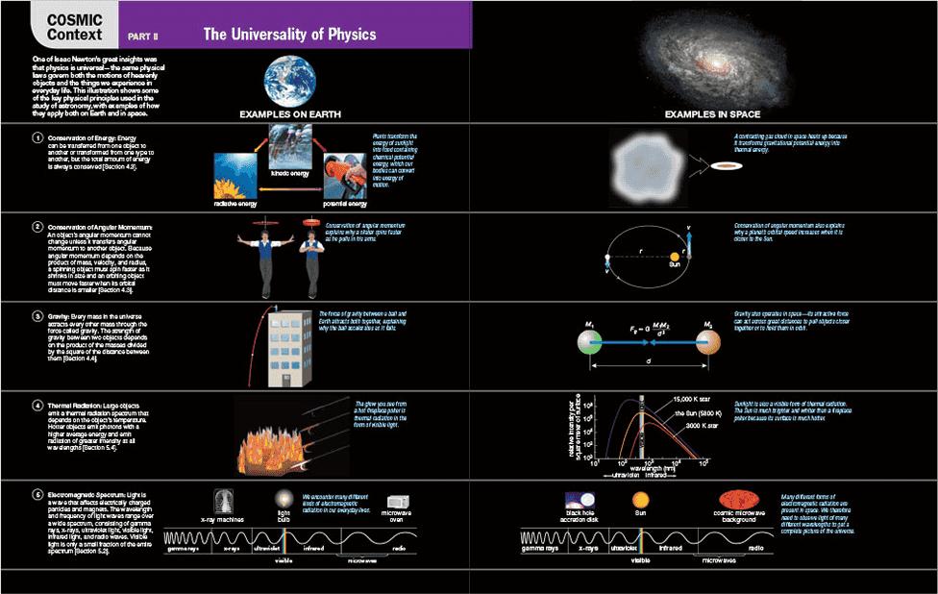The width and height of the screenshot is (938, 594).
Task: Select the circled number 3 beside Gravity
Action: tap(37, 315)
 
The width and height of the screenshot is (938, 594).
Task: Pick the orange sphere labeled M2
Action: tap(707, 340)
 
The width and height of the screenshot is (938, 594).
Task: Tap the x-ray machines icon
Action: tap(224, 501)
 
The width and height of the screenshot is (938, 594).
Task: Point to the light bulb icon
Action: tap(284, 499)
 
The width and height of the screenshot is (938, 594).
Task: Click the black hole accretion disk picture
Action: tap(580, 501)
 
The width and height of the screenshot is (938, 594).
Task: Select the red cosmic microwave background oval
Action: tap(739, 501)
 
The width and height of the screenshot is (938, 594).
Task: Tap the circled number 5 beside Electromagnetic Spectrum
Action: tap(37, 494)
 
